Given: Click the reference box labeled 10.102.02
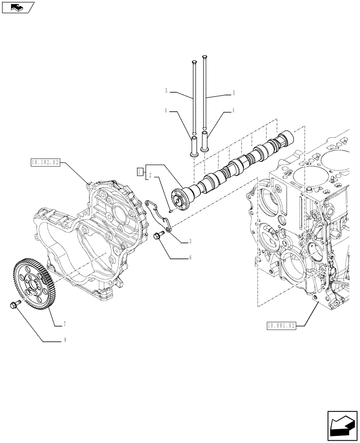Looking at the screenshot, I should coord(45,162).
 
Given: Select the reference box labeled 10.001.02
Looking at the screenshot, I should coord(281,326).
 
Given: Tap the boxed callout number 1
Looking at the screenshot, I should coord(139,171).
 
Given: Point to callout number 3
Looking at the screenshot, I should coord(190,241).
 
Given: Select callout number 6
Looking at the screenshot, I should coord(190,257).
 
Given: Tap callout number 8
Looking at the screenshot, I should coord(65,340).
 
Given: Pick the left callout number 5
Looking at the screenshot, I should coord(166,91).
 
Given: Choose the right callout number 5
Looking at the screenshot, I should coord(234,93).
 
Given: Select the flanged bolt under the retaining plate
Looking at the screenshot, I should coord(158,237).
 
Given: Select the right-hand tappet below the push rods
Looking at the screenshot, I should coord(204,141).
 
